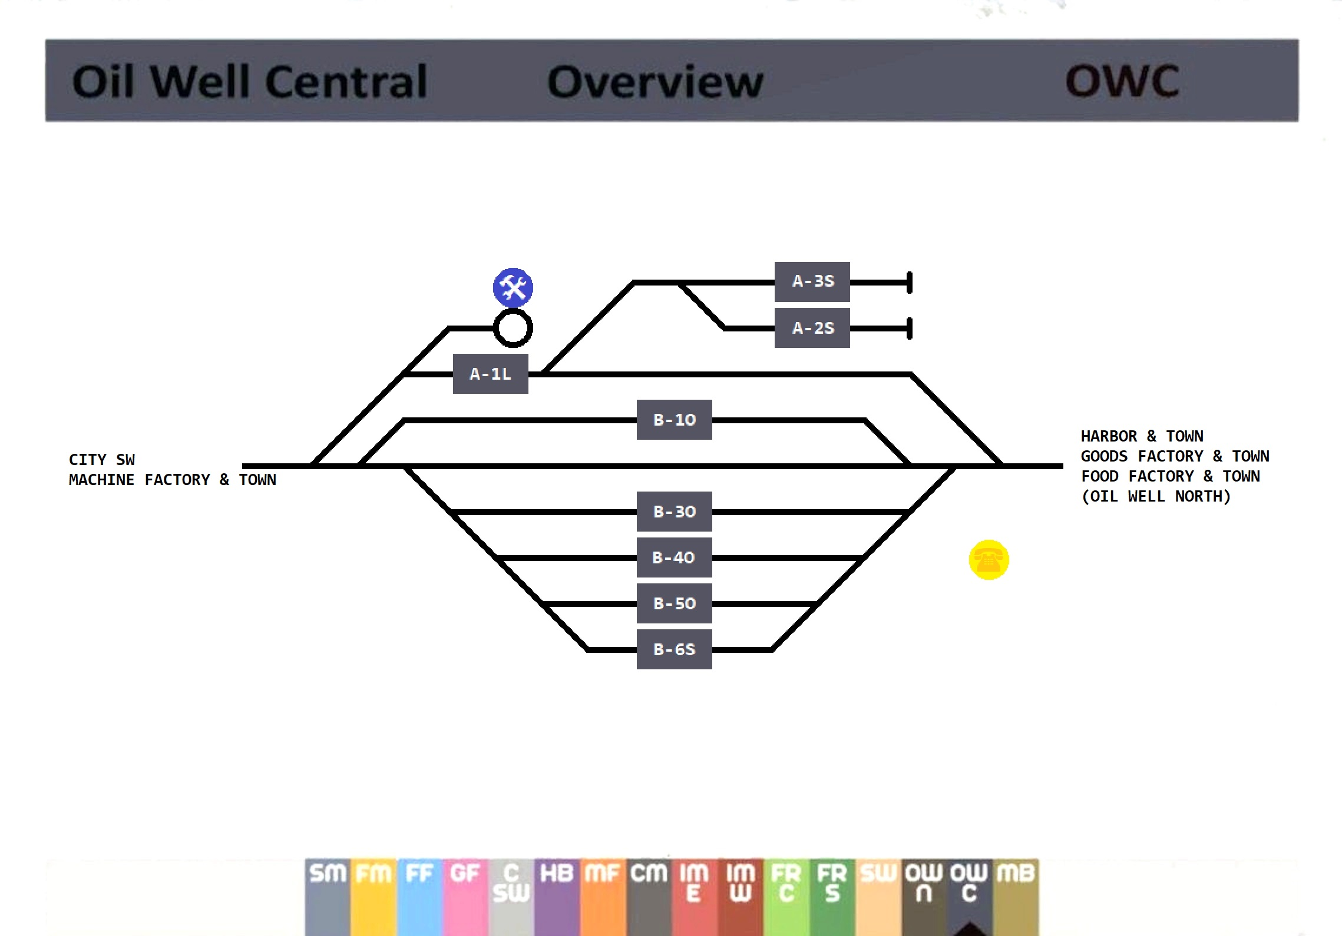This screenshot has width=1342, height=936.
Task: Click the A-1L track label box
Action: (490, 374)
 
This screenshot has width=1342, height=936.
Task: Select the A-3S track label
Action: (812, 281)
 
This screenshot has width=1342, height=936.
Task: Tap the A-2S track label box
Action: (812, 328)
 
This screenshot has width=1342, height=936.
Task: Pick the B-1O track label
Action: (674, 420)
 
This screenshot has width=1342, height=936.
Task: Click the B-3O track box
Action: (674, 512)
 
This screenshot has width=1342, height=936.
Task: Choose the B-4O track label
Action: (674, 557)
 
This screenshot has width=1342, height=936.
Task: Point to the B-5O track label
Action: (674, 603)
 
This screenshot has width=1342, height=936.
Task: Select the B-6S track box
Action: (674, 649)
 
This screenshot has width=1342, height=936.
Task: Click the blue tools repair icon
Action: (513, 288)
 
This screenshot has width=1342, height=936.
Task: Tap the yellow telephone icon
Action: (989, 560)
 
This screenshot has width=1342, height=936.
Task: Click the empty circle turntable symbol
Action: (513, 328)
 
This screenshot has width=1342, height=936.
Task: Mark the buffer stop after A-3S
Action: (909, 283)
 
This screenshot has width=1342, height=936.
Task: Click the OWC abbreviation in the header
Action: (1122, 81)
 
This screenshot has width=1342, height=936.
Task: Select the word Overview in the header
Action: (655, 81)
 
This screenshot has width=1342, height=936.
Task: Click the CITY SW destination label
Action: (101, 460)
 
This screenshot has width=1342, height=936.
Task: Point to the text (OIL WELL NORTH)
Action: (1156, 496)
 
